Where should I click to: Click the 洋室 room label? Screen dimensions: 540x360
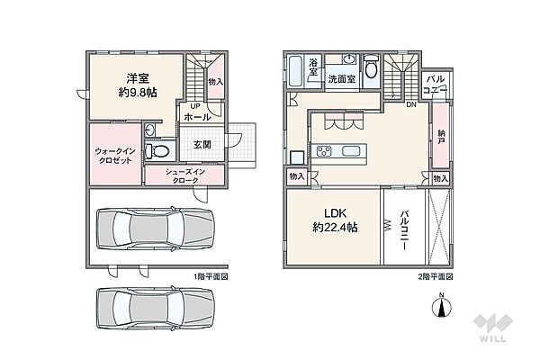(138, 78)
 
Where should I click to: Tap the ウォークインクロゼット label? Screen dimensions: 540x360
(115, 156)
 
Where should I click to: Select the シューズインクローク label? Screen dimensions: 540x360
(184, 175)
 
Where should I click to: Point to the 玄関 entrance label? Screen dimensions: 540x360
(202, 145)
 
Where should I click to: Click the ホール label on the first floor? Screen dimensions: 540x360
(197, 117)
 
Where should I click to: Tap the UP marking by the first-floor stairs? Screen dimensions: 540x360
(194, 106)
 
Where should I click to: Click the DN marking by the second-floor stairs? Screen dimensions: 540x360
(411, 104)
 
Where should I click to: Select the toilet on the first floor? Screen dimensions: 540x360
(157, 151)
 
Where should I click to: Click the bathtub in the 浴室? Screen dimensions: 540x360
(295, 71)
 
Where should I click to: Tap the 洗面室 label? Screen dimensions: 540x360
(341, 79)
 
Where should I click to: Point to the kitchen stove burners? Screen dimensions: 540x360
(324, 151)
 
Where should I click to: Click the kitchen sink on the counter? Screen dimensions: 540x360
(351, 151)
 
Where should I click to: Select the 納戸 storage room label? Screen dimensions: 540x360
(441, 137)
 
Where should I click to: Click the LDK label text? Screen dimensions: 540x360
(336, 213)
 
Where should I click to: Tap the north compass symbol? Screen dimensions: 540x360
(442, 305)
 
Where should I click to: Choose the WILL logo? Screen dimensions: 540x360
(493, 328)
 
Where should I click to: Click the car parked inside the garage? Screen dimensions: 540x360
(156, 229)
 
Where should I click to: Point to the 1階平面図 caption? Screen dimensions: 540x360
(211, 276)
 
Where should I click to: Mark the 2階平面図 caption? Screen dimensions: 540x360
(436, 276)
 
